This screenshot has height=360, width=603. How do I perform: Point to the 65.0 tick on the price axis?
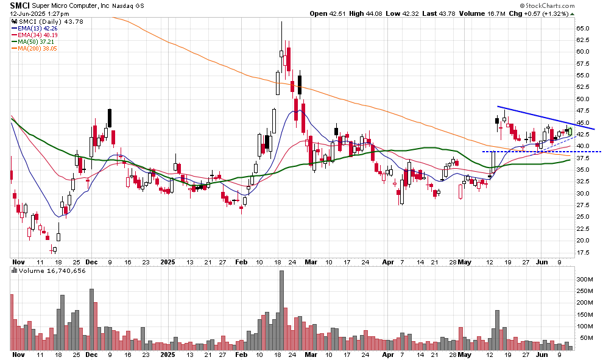coord(584,28)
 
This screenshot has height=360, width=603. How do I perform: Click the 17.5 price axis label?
coord(584,252)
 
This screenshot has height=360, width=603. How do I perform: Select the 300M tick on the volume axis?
coord(585,279)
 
